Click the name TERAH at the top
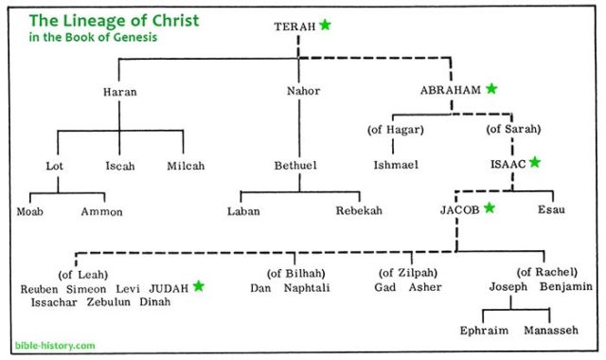[x=294, y=27]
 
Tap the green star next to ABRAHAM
[x=491, y=89]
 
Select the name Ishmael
[x=396, y=165]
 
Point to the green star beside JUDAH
[x=199, y=285]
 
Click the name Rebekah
[x=359, y=211]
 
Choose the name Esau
[x=552, y=209]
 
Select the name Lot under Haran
[x=54, y=165]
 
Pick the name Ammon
[x=101, y=211]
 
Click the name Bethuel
[x=296, y=165]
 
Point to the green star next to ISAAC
[x=534, y=163]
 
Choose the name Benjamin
[x=565, y=287]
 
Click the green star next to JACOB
[x=490, y=207]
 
